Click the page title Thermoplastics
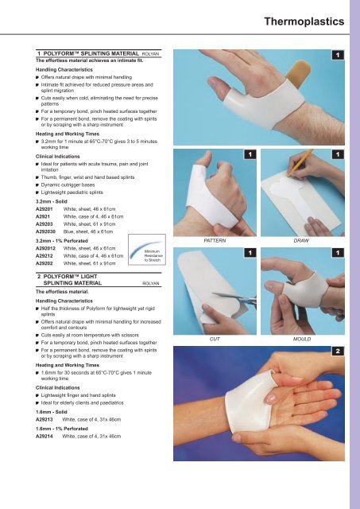pyautogui.click(x=303, y=18)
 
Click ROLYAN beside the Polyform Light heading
pyautogui.click(x=152, y=282)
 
